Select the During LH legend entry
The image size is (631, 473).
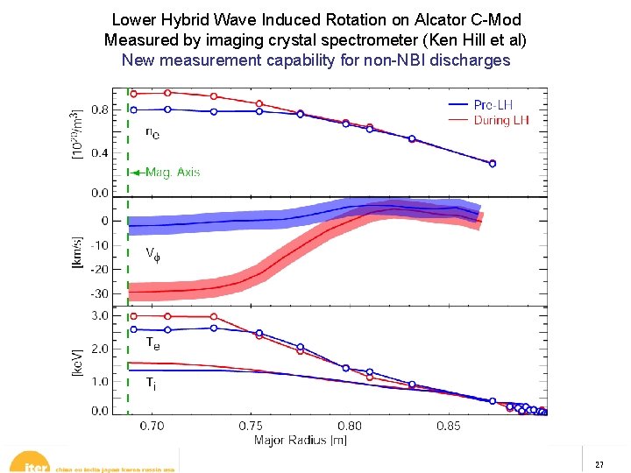(500, 120)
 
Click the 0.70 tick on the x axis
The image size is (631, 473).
(152, 426)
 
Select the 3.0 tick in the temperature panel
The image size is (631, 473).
(101, 315)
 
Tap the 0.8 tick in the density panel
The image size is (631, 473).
(100, 110)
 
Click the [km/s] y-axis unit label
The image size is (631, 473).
(77, 253)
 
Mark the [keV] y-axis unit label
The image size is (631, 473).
(77, 360)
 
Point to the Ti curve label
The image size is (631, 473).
(152, 383)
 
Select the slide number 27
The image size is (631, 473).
(599, 464)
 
